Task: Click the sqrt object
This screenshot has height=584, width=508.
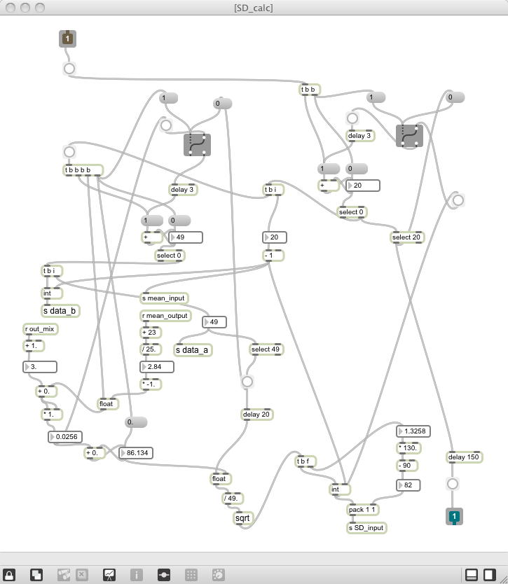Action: point(242,518)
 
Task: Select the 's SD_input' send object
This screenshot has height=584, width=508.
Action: point(366,527)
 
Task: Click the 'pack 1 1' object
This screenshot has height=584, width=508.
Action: point(363,510)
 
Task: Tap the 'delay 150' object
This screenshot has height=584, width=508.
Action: point(465,457)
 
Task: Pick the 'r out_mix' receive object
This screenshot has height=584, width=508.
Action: point(39,329)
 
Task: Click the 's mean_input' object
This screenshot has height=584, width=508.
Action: point(164,298)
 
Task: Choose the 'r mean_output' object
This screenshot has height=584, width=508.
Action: point(165,316)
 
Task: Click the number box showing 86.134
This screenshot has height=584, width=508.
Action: point(136,453)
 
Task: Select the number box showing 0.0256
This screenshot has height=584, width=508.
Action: point(65,437)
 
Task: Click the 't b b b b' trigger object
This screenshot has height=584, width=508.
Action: point(83,170)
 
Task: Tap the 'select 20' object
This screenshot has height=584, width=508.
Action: point(406,237)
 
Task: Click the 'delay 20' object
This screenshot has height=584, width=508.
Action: point(256,415)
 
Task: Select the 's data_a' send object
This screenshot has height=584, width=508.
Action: point(192,349)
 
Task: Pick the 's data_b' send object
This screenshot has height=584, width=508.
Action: point(59,311)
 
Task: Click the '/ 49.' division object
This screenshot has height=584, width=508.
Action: point(232,499)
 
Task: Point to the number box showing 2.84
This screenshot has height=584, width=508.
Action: point(157,366)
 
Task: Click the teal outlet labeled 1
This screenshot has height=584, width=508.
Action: point(454,517)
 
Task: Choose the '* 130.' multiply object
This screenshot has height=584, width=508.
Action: point(409,448)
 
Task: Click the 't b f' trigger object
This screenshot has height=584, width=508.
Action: point(306,461)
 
